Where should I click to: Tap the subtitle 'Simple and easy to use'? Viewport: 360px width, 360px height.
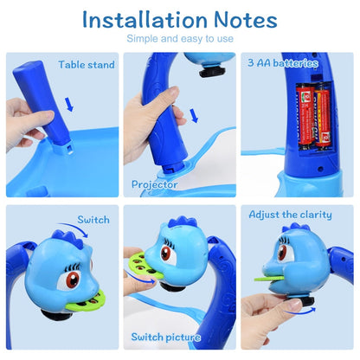pyautogui.click(x=179, y=39)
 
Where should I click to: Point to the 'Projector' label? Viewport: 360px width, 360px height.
pyautogui.click(x=155, y=183)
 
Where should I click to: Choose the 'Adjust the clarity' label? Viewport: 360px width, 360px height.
pyautogui.click(x=291, y=214)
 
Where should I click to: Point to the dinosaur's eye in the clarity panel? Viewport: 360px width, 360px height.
pyautogui.click(x=282, y=254)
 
